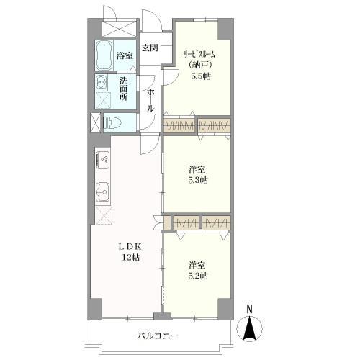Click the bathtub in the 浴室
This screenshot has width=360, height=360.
pyautogui.click(x=104, y=55)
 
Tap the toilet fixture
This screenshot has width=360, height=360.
pyautogui.click(x=112, y=122)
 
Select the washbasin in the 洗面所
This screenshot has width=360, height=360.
pyautogui.click(x=102, y=82)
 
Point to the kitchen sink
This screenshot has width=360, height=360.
pyautogui.click(x=103, y=192)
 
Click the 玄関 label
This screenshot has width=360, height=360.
pyautogui.click(x=150, y=48)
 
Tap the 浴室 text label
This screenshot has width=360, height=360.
pyautogui.click(x=125, y=56)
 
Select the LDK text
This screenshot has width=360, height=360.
pyautogui.click(x=131, y=247)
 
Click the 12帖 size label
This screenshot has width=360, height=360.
pyautogui.click(x=131, y=258)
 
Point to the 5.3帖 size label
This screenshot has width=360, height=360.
pyautogui.click(x=198, y=180)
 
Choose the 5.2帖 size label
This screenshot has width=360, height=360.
pyautogui.click(x=198, y=276)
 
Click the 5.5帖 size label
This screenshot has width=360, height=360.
pyautogui.click(x=201, y=76)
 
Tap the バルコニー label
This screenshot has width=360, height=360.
pyautogui.click(x=158, y=336)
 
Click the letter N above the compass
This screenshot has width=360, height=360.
pyautogui.click(x=250, y=309)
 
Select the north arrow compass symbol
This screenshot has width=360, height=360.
pyautogui.click(x=250, y=328)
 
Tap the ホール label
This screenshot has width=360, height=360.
pyautogui.click(x=150, y=100)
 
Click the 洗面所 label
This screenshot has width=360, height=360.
pyautogui.click(x=124, y=89)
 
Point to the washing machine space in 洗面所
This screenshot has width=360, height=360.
pyautogui.click(x=103, y=100)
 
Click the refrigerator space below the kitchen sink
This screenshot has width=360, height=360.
pyautogui.click(x=104, y=215)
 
